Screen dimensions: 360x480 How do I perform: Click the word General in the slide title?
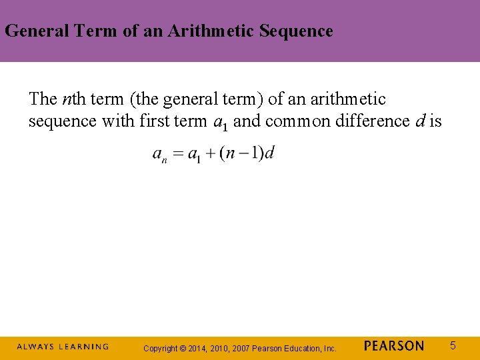point(33,31)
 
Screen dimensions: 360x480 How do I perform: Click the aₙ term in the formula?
point(160,155)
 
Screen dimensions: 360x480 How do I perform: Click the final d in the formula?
point(269,153)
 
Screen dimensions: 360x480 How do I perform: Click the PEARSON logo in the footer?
point(394,346)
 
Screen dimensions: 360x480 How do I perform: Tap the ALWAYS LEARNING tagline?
point(63,347)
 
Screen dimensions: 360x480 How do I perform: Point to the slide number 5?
point(453,345)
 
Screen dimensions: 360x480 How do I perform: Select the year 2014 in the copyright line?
point(199,349)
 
